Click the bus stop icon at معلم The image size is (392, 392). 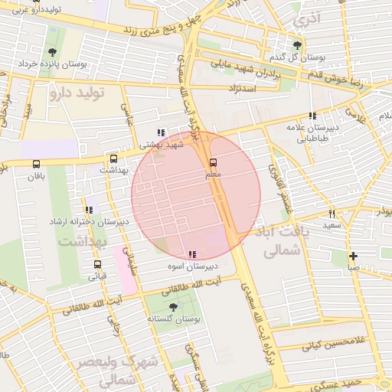point(213,162)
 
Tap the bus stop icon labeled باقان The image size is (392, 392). point(36,164)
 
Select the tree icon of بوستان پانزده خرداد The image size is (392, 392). point(51,52)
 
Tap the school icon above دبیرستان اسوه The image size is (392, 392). point(191,254)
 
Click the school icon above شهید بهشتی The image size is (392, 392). point(160,132)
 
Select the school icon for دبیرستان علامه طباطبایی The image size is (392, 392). point(312,116)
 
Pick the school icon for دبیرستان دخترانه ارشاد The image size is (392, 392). point(90,210)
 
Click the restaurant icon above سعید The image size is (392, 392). point(332,214)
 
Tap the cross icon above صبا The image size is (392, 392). point(352,256)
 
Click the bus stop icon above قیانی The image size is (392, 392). point(96,264)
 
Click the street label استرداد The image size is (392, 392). point(241,90)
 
